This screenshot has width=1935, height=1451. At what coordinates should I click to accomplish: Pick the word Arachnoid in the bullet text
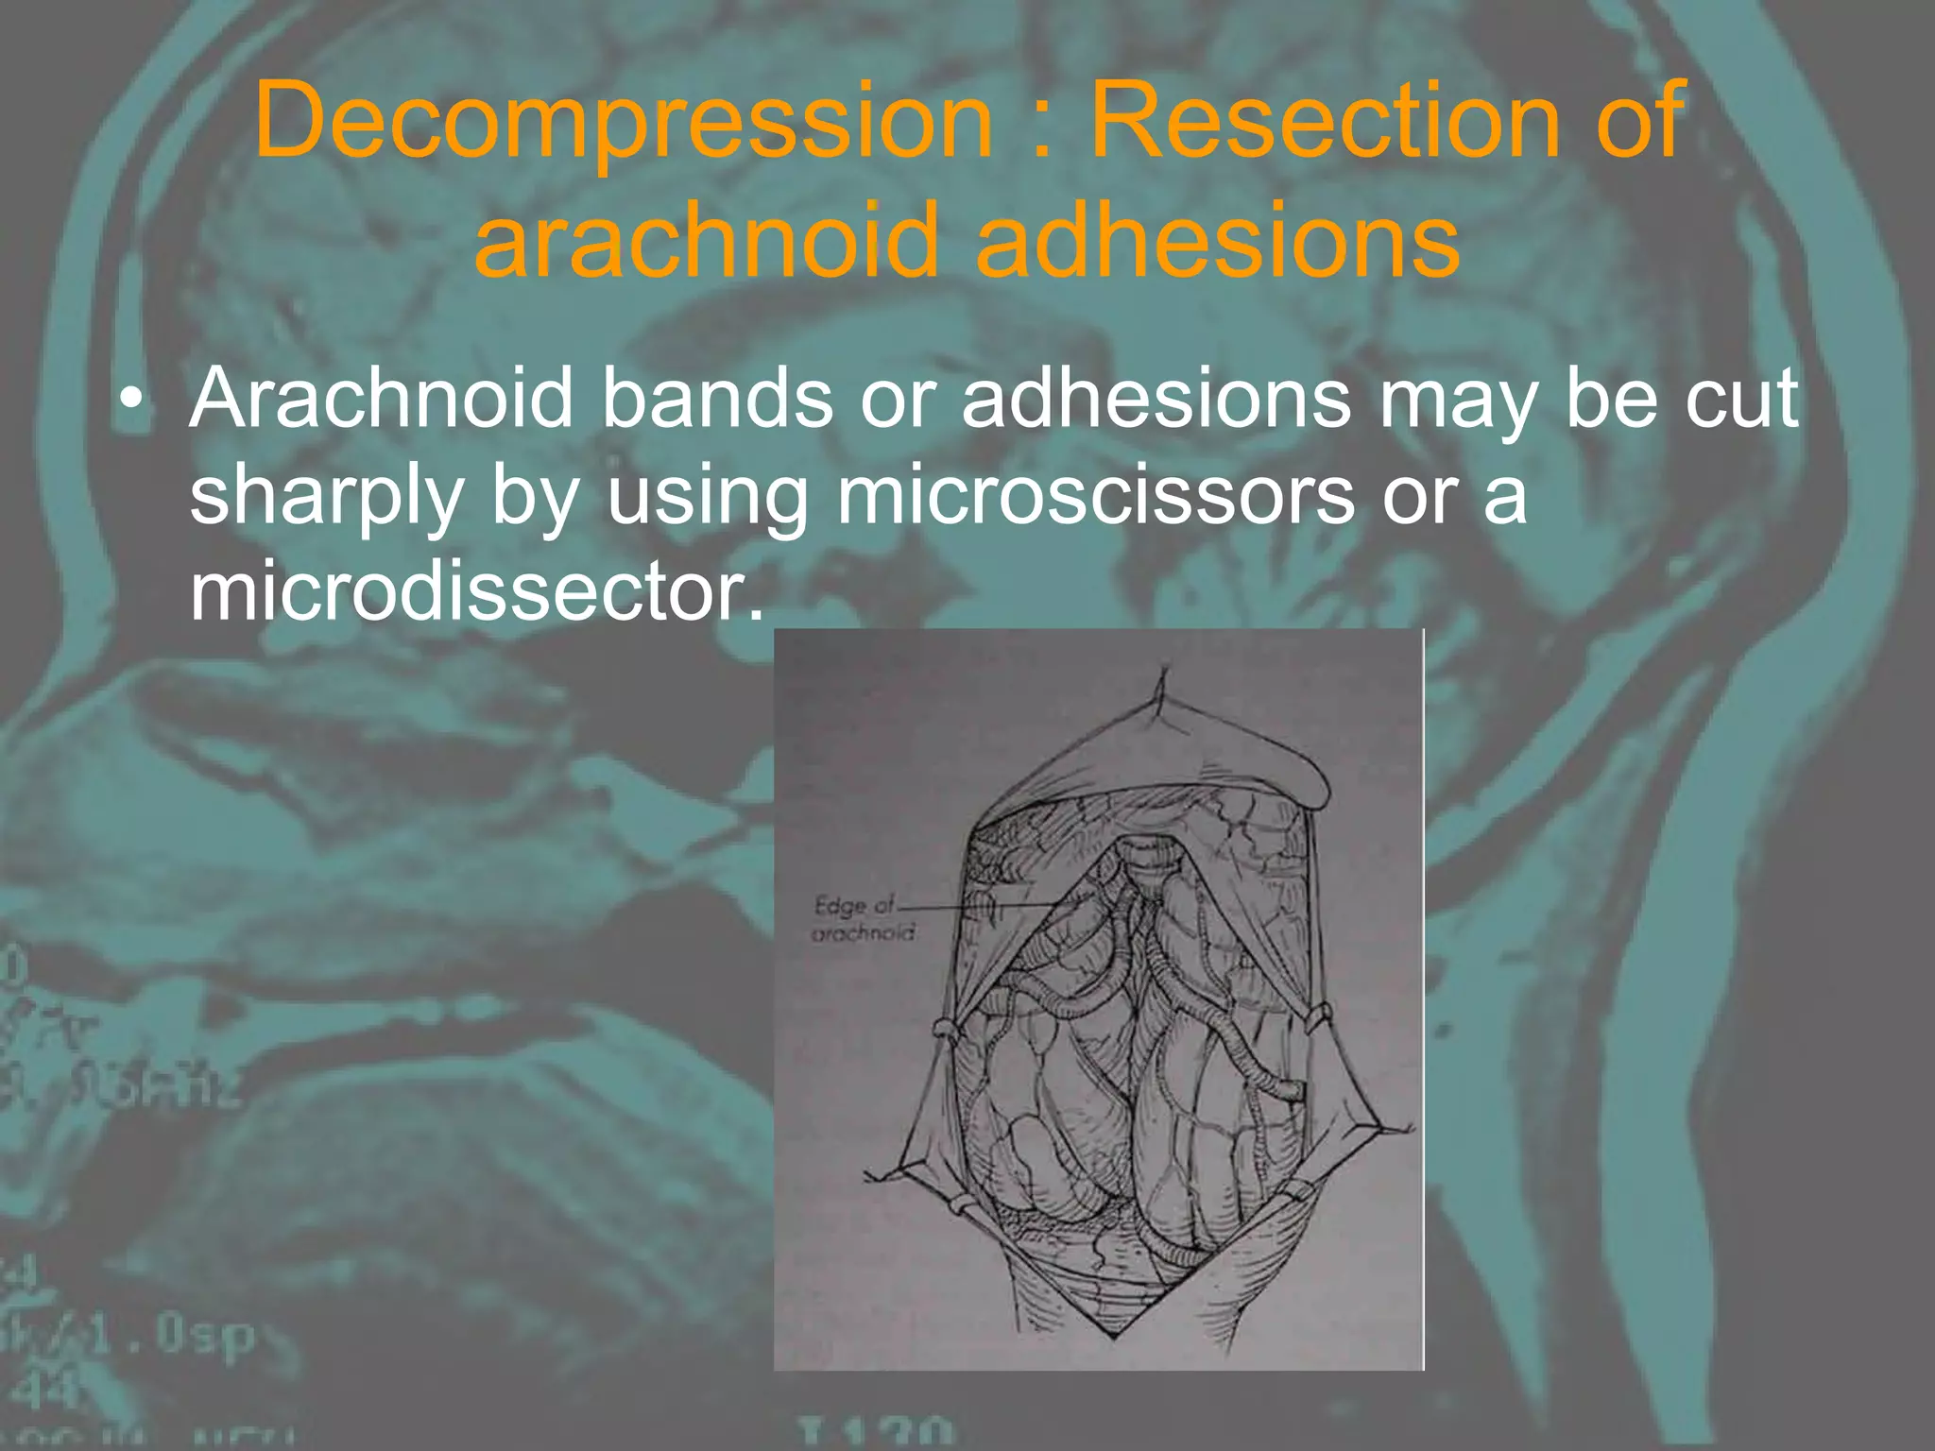click(382, 399)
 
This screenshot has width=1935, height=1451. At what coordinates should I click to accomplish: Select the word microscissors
click(1096, 496)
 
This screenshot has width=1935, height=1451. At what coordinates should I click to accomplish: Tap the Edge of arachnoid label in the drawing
click(862, 918)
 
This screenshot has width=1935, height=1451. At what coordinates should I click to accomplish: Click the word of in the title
click(1640, 121)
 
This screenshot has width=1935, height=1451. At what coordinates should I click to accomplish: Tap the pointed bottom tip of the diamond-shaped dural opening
click(1115, 1338)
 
